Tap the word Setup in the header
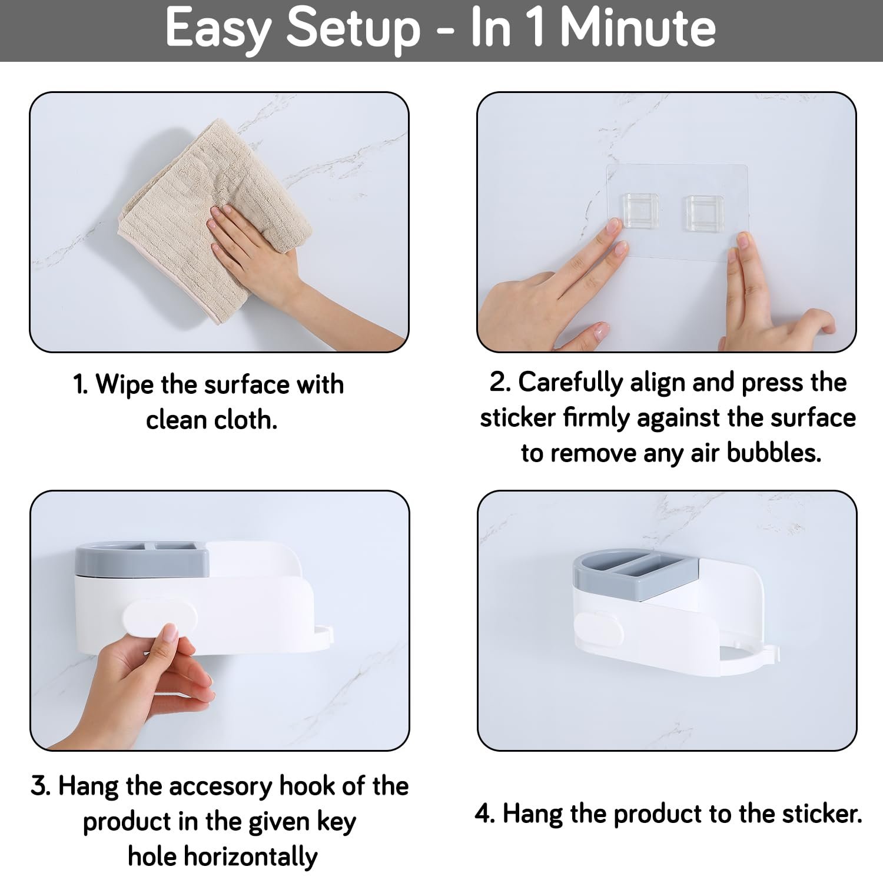pyautogui.click(x=353, y=29)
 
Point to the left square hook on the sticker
pyautogui.click(x=640, y=213)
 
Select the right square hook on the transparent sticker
pyautogui.click(x=705, y=213)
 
